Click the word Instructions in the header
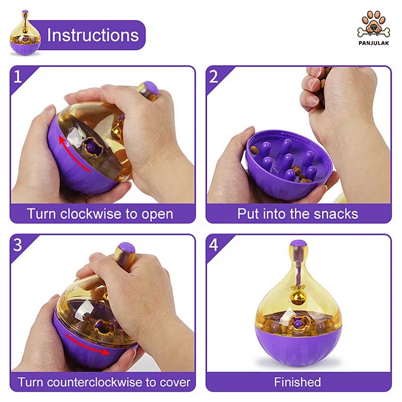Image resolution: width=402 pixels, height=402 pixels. pyautogui.click(x=93, y=35)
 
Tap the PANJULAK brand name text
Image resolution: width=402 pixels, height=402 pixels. pyautogui.click(x=373, y=43)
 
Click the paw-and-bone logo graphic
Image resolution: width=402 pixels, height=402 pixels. pyautogui.click(x=373, y=25)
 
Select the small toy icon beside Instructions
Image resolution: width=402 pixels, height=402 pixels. pyautogui.click(x=25, y=33)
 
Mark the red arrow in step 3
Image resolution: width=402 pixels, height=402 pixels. pyautogui.click(x=87, y=346)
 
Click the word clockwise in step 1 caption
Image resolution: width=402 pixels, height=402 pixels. pyautogui.click(x=91, y=214)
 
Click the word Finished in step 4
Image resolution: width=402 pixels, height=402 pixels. pyautogui.click(x=297, y=382)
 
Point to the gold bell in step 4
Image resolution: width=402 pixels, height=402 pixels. pyautogui.click(x=297, y=298)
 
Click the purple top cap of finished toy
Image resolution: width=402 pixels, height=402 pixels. pyautogui.click(x=298, y=243)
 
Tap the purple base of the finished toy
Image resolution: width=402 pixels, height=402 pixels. pyautogui.click(x=298, y=346)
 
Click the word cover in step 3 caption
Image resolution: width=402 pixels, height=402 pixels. pyautogui.click(x=175, y=383)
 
